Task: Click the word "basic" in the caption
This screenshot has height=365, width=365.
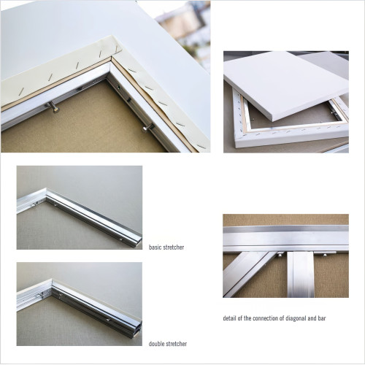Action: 155,247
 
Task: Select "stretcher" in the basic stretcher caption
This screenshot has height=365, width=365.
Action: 174,247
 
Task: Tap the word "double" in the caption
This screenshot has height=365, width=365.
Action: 156,344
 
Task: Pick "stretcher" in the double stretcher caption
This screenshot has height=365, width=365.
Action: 176,344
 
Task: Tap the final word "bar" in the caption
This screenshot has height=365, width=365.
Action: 321,318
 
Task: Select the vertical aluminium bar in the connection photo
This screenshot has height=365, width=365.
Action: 300,274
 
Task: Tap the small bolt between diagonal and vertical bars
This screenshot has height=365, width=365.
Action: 280,255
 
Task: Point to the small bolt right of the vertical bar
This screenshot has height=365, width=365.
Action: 325,255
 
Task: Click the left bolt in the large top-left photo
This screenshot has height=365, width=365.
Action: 54,107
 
